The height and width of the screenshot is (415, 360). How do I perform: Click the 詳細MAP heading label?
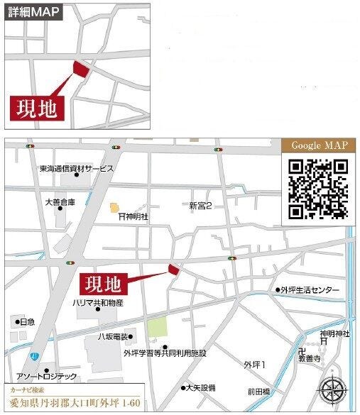tap(33, 11)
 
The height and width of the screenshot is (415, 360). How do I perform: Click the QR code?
tap(319, 188)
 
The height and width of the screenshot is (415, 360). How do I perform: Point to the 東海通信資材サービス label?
tap(77, 169)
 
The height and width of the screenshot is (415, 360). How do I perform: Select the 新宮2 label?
tap(201, 206)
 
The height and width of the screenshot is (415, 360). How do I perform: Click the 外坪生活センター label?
tap(310, 290)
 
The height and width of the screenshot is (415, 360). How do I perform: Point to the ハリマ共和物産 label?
tap(98, 303)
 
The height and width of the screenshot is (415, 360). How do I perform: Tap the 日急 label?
tap(26, 322)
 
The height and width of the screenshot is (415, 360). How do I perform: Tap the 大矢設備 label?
tap(201, 388)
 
